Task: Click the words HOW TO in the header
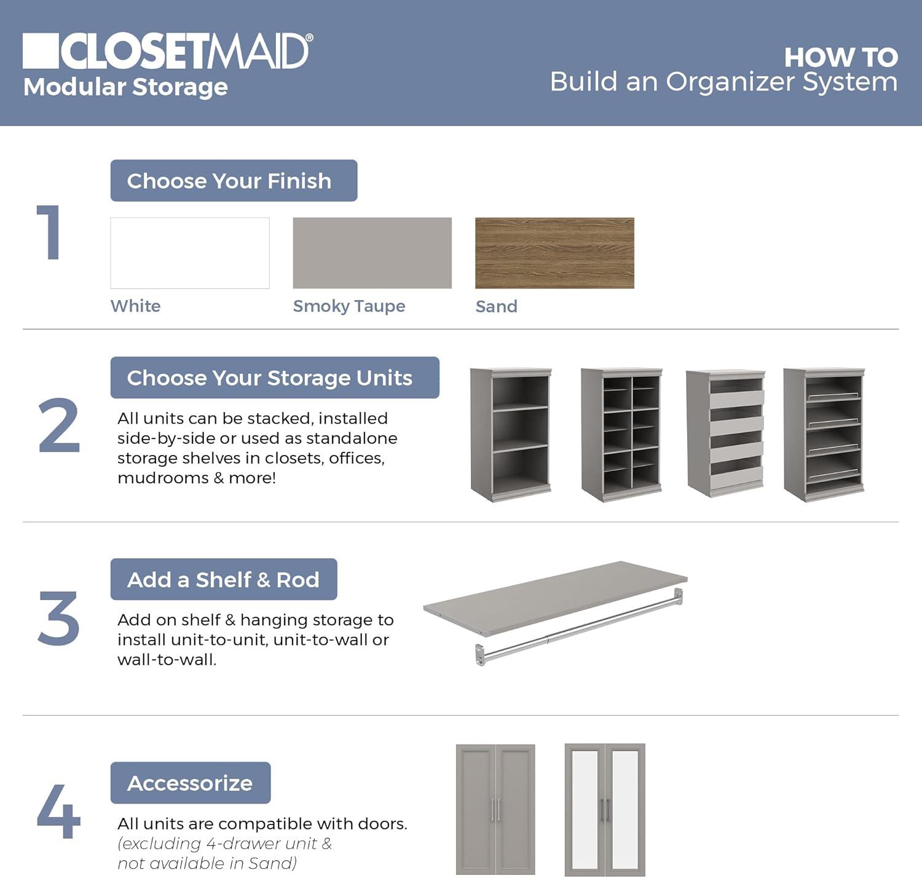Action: [x=840, y=58]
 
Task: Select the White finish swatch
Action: [x=190, y=253]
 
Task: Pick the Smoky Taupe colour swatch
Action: [x=372, y=253]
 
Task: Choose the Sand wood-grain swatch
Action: [x=554, y=253]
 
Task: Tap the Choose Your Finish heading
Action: [x=234, y=181]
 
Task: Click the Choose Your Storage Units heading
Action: [x=275, y=378]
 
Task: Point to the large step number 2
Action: [x=59, y=426]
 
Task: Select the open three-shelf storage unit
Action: [x=511, y=434]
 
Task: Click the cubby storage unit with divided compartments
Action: [x=621, y=434]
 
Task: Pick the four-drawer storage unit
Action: [x=726, y=434]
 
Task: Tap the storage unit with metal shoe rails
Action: [x=824, y=434]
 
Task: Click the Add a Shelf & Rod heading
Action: [x=224, y=579]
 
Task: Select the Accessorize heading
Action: [x=191, y=783]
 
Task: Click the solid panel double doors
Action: [x=495, y=809]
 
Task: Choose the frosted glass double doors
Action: [x=605, y=809]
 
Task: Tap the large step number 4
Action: [x=58, y=812]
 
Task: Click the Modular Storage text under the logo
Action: [x=125, y=87]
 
